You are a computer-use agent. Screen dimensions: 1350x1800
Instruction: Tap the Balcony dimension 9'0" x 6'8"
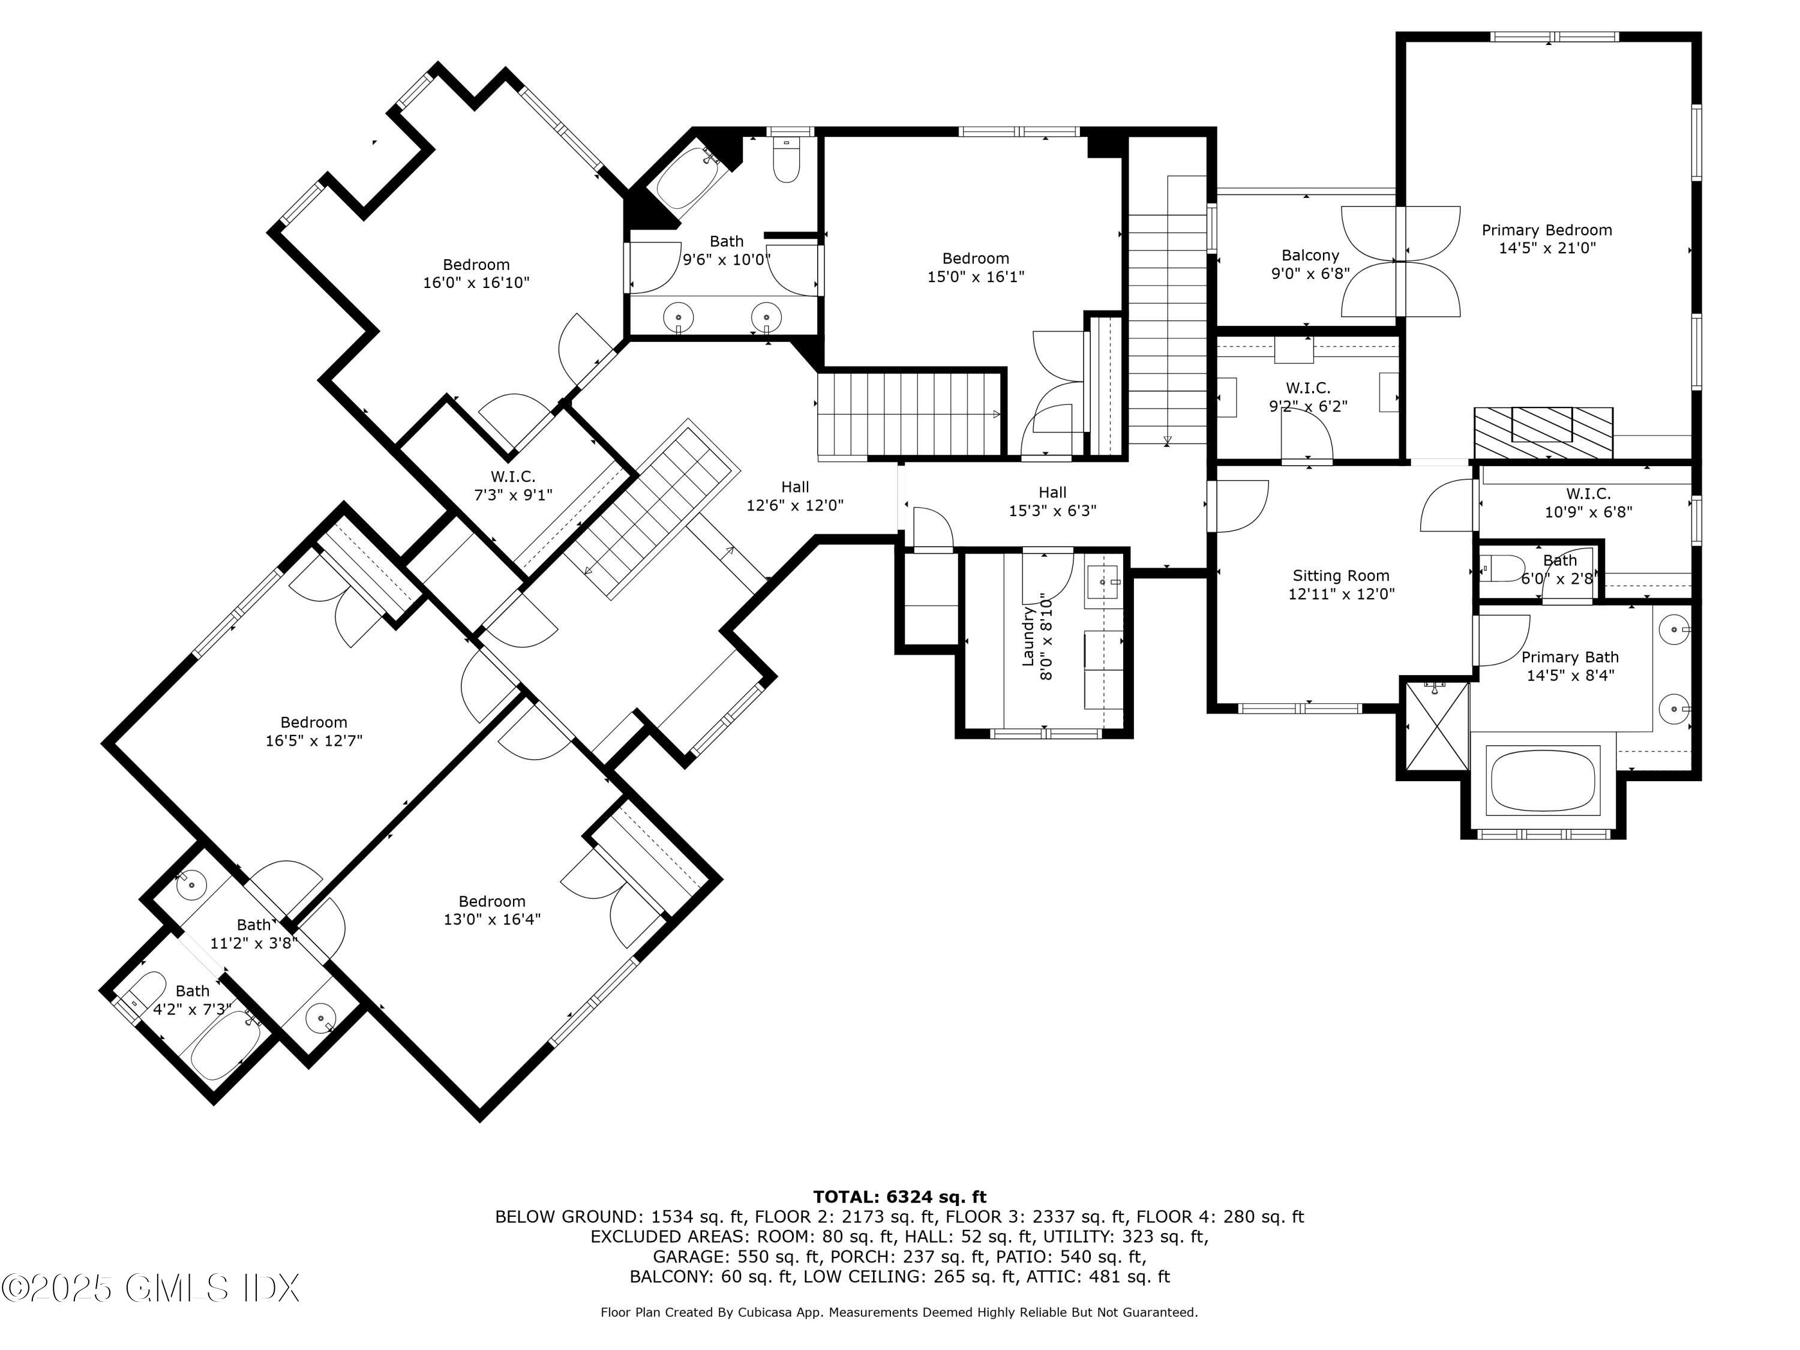pyautogui.click(x=1310, y=274)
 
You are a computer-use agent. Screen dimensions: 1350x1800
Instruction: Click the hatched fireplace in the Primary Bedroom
pyautogui.click(x=1543, y=434)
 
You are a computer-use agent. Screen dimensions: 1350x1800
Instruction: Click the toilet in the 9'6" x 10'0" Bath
pyautogui.click(x=786, y=163)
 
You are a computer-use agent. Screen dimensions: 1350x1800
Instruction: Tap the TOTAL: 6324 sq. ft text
pyautogui.click(x=899, y=1197)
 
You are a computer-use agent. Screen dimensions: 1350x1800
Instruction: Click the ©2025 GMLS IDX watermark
pyautogui.click(x=151, y=1288)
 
